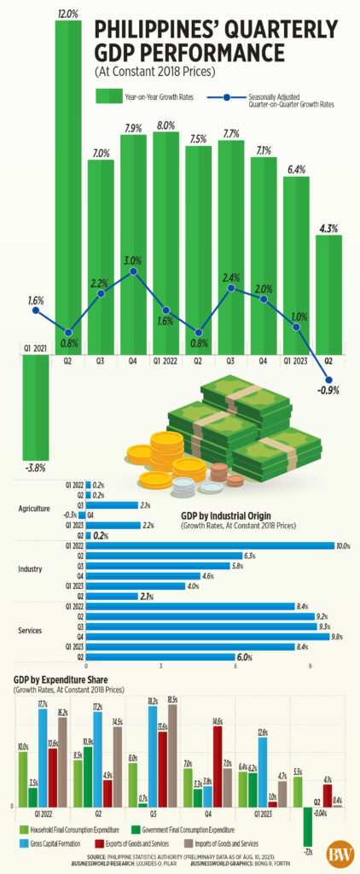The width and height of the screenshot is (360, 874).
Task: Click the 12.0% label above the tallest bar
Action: [x=68, y=15]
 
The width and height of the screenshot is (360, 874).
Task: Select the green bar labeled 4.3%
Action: [x=328, y=290]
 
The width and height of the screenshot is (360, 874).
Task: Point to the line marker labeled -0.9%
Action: [x=328, y=379]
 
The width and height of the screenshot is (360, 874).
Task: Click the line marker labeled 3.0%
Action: [x=133, y=271]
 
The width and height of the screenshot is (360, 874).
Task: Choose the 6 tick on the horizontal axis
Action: [x=235, y=665]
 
